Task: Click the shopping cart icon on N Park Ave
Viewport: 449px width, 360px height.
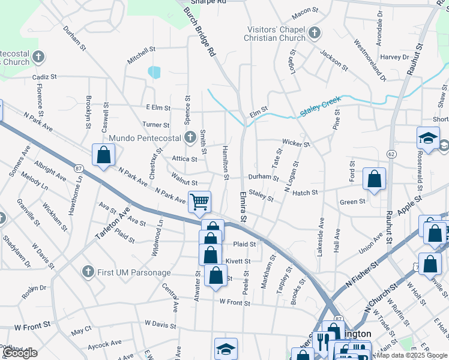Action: click(x=199, y=202)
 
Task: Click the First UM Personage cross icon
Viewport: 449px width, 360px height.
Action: click(x=88, y=272)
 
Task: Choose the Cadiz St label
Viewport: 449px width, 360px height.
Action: click(x=44, y=77)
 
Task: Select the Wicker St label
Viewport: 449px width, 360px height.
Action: click(x=296, y=144)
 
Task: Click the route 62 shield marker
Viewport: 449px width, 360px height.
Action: click(x=391, y=154)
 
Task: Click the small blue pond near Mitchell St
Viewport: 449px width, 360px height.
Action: click(x=155, y=72)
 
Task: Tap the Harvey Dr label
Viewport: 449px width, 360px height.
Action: click(x=394, y=57)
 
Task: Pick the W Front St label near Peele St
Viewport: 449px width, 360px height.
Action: click(x=235, y=302)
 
